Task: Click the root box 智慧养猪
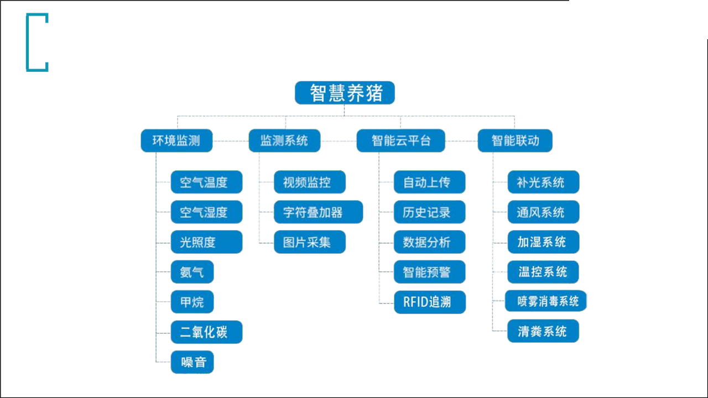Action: (345, 93)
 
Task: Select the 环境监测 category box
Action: (176, 140)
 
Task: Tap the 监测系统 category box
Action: (284, 140)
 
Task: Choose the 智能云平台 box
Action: (401, 140)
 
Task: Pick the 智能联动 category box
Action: (515, 140)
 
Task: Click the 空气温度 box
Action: (207, 182)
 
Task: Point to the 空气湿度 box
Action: (207, 212)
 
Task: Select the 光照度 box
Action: (207, 242)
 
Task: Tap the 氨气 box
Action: (192, 271)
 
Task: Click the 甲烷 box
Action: (192, 302)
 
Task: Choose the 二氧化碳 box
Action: (207, 332)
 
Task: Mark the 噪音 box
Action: (192, 362)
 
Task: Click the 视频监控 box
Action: (310, 182)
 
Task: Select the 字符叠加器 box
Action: (318, 212)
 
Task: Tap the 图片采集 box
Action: (310, 242)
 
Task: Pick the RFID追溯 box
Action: (430, 302)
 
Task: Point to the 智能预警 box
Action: (430, 272)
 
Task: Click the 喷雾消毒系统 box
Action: (546, 301)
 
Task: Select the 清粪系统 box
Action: (543, 331)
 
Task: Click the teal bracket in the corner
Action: (28, 43)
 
